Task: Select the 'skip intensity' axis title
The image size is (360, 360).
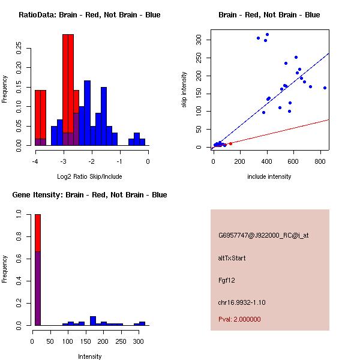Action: click(x=185, y=90)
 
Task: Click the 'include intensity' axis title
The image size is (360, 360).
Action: click(x=269, y=176)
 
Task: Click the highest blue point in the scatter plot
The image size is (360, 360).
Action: click(x=267, y=35)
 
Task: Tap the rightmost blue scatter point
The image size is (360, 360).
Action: click(x=325, y=88)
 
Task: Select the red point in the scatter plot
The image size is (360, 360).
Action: click(x=230, y=143)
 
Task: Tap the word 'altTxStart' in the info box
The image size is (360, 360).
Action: click(x=232, y=258)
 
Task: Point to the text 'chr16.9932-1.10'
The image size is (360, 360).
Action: click(x=242, y=302)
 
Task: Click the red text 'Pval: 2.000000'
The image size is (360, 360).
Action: click(x=239, y=319)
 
